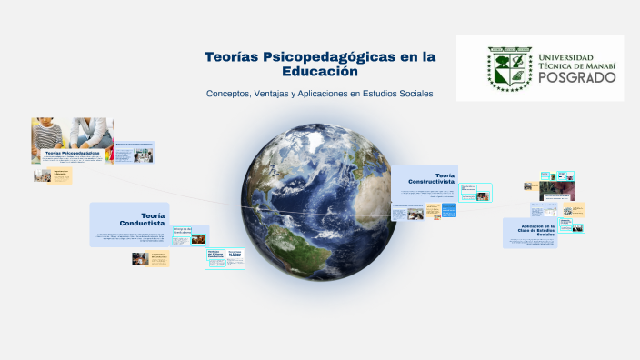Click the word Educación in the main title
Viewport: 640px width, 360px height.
tap(320, 71)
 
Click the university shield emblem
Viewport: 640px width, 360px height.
tap(509, 68)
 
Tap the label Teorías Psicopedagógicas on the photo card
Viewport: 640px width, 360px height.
tap(73, 154)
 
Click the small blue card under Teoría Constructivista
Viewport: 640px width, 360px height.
tap(406, 211)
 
